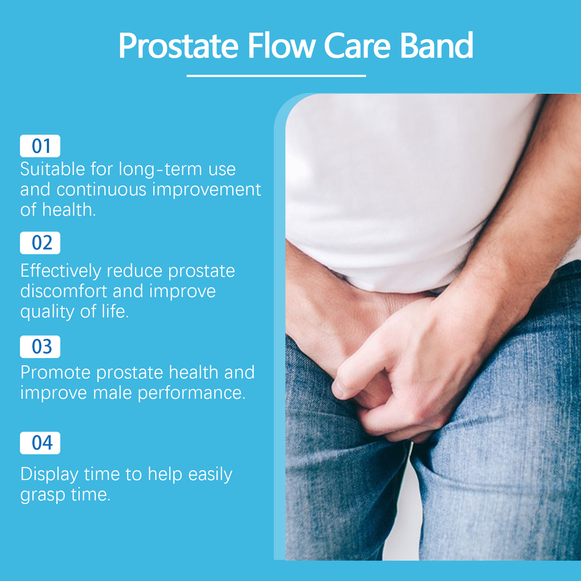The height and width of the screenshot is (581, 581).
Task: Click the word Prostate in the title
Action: click(178, 46)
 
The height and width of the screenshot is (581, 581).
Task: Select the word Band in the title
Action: click(436, 46)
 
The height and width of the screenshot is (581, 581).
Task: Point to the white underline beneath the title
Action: click(276, 76)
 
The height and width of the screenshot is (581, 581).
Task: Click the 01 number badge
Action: click(40, 146)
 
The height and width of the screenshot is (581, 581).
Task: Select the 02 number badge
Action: click(40, 243)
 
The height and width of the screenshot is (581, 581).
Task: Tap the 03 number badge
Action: click(40, 347)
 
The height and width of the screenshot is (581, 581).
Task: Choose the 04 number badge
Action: click(40, 443)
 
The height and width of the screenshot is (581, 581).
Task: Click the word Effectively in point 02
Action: click(61, 271)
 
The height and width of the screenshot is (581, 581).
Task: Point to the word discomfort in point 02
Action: click(64, 291)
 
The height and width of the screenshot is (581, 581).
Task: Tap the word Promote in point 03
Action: click(55, 373)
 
